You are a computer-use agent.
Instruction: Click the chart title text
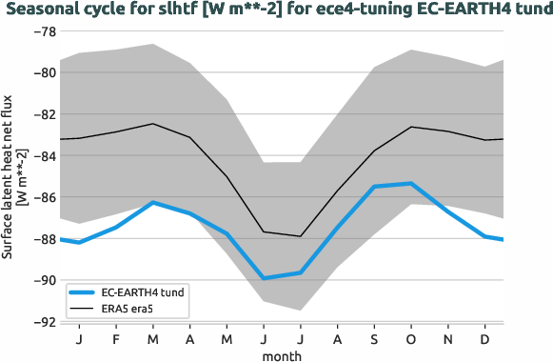(x=276, y=10)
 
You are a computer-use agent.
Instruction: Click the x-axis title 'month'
(x=284, y=355)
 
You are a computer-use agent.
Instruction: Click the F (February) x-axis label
(x=116, y=338)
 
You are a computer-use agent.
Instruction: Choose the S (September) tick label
(x=373, y=338)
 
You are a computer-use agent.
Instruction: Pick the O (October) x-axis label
(x=410, y=338)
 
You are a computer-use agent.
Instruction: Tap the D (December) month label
(x=484, y=338)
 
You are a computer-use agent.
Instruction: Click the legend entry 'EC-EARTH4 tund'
(x=142, y=293)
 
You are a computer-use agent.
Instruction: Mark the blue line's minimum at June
(x=263, y=278)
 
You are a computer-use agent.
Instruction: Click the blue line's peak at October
(x=410, y=183)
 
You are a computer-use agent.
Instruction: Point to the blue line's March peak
(x=152, y=202)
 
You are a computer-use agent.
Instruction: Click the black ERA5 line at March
(x=152, y=124)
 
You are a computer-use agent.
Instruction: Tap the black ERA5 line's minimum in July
(x=300, y=236)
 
